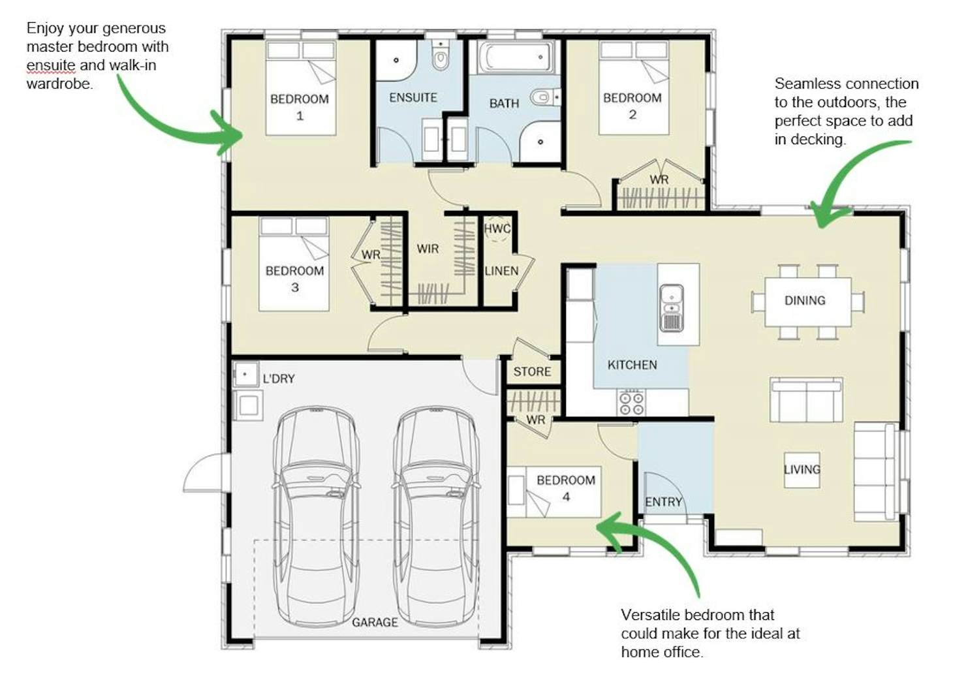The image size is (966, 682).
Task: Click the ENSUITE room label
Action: [x=413, y=98]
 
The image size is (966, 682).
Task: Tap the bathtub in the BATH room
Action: [x=516, y=57]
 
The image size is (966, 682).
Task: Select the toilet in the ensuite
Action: [x=441, y=59]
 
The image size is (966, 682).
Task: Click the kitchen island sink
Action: [x=672, y=308]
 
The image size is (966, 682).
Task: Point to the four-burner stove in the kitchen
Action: [x=631, y=402]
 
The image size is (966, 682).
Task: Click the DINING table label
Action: [x=805, y=300]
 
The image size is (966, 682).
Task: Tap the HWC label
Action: [x=497, y=228]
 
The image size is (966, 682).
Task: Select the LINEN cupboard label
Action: [x=501, y=271]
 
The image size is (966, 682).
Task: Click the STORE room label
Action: [x=532, y=371]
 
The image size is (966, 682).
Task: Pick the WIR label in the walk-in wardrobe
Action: [x=428, y=249]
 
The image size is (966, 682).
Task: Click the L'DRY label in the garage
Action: [x=279, y=379]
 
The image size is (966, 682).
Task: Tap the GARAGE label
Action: [x=375, y=623]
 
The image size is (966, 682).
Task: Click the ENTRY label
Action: [x=663, y=502]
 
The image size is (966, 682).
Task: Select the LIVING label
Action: [x=802, y=469]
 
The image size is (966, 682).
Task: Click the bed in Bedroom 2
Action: [x=634, y=87]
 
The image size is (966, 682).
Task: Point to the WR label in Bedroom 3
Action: [x=371, y=255]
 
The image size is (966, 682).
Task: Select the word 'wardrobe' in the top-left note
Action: [x=59, y=83]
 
